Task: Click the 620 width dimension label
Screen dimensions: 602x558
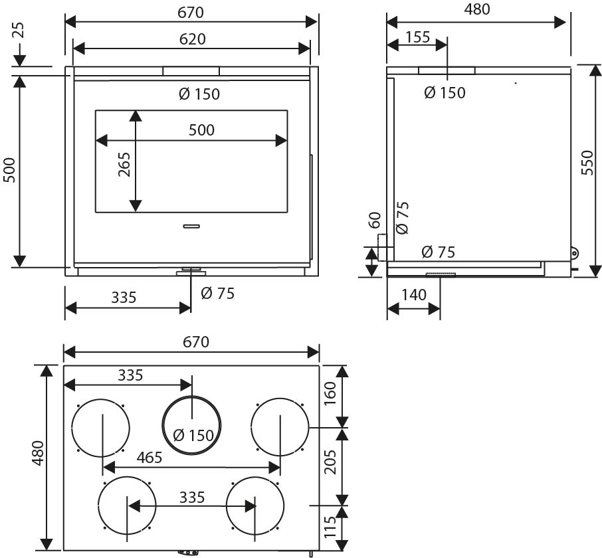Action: [x=192, y=39]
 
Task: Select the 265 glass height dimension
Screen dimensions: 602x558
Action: [x=124, y=165]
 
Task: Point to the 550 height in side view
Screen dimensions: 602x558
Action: [x=587, y=163]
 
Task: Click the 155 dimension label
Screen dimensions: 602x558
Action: [x=418, y=37]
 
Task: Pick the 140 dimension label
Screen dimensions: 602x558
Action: [x=414, y=295]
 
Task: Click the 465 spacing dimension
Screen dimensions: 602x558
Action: [x=150, y=457]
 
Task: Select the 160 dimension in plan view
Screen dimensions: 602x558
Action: [x=330, y=394]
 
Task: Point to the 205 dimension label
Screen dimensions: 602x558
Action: [x=330, y=462]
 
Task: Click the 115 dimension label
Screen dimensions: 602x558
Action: [x=330, y=527]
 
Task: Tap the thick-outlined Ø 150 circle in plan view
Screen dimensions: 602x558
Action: [x=191, y=396]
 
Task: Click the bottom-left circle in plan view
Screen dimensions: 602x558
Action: [x=127, y=477]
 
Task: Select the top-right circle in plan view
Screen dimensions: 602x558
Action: [x=280, y=399]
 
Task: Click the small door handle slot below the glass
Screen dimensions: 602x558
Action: [x=191, y=226]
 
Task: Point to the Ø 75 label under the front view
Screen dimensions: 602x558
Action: [x=217, y=294]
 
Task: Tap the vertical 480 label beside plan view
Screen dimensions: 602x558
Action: [x=38, y=453]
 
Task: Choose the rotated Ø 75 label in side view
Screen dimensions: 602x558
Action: [x=402, y=218]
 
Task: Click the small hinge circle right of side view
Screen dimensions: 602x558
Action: [x=574, y=253]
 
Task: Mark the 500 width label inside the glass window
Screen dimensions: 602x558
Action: [x=201, y=130]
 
